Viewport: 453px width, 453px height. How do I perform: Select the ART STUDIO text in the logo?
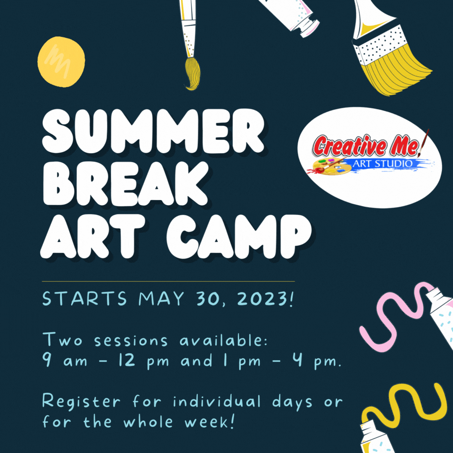[382, 163]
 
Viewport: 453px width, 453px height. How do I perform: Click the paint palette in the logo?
[331, 167]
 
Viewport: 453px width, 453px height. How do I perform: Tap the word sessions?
[130, 341]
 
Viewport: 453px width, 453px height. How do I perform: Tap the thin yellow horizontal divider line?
[168, 281]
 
